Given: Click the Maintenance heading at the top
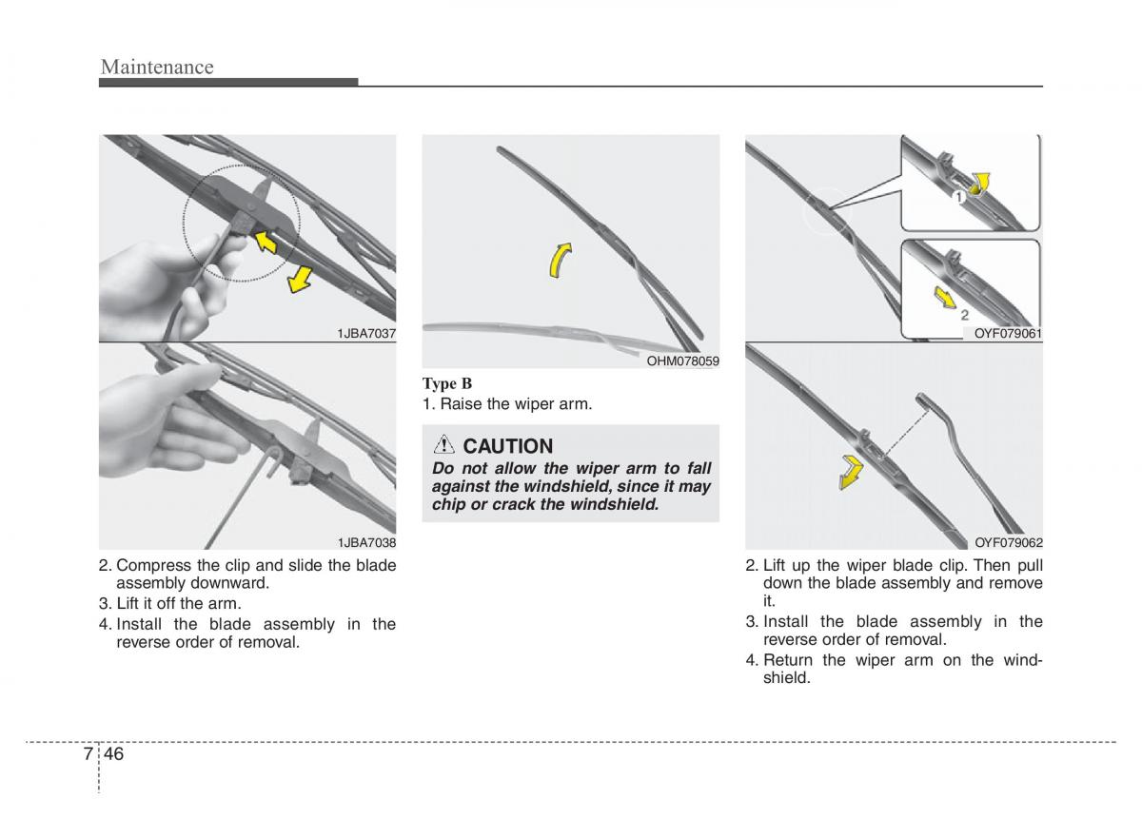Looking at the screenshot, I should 157,67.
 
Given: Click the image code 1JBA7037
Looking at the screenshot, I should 366,333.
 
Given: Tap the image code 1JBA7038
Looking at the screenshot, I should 366,542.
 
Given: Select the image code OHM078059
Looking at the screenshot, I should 682,361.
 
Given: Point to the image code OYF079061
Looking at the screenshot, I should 1009,333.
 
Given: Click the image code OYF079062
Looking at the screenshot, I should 1009,542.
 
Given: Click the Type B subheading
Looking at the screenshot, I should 447,383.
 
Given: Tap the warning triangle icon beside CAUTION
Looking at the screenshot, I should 445,445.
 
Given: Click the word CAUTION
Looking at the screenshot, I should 508,446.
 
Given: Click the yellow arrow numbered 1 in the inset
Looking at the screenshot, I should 979,184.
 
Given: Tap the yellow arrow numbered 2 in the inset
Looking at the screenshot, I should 945,298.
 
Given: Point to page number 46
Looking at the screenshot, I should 115,754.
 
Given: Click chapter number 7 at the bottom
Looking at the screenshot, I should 88,754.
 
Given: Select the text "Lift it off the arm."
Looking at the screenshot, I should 179,603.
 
